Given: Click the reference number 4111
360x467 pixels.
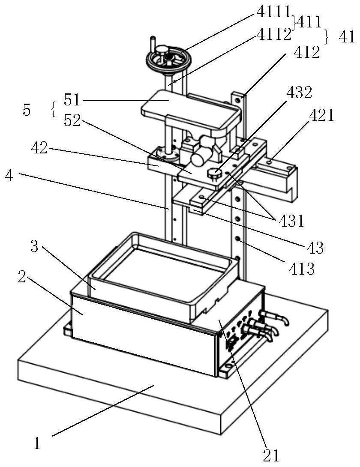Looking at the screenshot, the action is click(273, 12).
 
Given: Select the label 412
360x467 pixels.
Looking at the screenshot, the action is click(307, 52).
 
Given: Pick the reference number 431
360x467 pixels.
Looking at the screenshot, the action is click(291, 221).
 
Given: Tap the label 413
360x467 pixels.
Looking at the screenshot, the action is click(302, 269).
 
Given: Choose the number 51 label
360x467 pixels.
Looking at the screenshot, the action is click(72, 100).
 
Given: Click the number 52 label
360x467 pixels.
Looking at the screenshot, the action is click(72, 120).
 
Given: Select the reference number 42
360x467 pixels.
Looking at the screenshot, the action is click(39, 148).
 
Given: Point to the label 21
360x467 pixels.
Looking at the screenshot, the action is click(271, 455).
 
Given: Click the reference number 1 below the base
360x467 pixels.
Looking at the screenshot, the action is click(37, 444).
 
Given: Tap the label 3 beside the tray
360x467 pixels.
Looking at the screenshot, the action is click(34, 247).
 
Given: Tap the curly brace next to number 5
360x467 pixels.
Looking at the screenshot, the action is click(54, 109).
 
